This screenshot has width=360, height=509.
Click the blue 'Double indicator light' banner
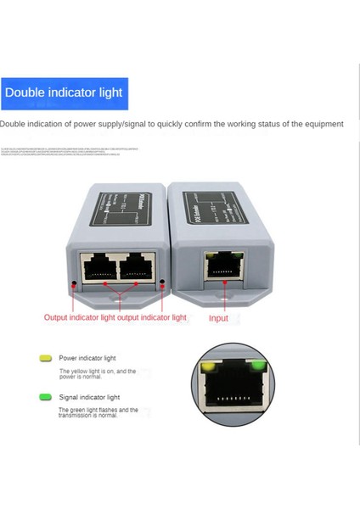click(x=65, y=92)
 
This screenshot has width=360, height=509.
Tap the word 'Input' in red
click(x=218, y=318)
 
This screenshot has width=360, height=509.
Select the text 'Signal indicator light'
click(x=89, y=396)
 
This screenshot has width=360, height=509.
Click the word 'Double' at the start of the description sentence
click(x=13, y=124)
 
